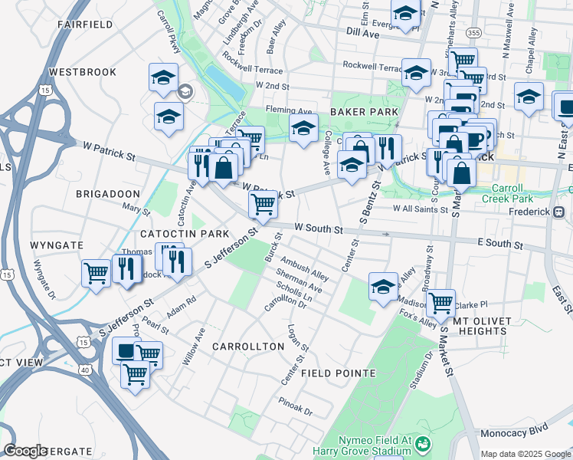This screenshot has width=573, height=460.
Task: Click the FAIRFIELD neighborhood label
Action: pyautogui.click(x=85, y=25)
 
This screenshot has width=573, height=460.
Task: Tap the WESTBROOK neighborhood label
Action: pyautogui.click(x=82, y=72)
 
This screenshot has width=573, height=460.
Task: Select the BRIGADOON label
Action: pyautogui.click(x=107, y=195)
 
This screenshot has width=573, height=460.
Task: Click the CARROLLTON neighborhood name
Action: pyautogui.click(x=248, y=347)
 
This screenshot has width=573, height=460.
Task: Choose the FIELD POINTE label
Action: pyautogui.click(x=338, y=373)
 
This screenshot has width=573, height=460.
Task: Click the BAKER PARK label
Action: pyautogui.click(x=364, y=112)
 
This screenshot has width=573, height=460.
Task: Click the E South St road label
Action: pyautogui.click(x=499, y=245)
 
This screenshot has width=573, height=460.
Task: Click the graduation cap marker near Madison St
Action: pyautogui.click(x=382, y=286)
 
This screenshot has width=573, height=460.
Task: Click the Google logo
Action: pyautogui.click(x=26, y=451)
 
